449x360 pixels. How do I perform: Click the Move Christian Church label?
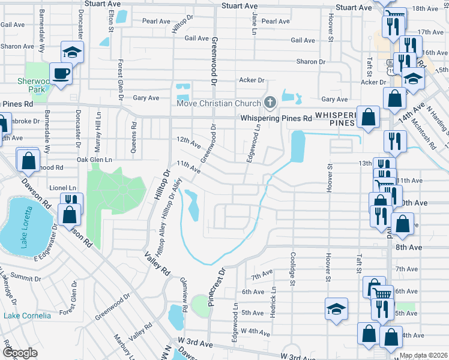[218, 103]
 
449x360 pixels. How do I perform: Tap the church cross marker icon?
[270, 103]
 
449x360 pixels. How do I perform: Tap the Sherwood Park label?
[32, 85]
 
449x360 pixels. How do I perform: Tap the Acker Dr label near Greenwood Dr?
[252, 80]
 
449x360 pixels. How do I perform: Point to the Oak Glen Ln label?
[95, 160]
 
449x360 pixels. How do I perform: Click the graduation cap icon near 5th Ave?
[336, 310]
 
